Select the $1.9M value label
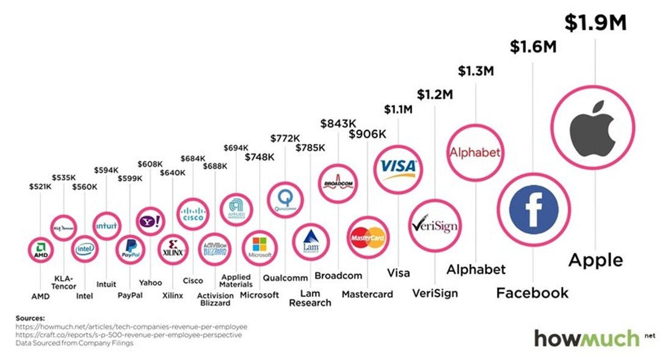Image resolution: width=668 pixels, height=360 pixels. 595,23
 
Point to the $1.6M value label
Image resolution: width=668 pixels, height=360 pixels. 532,46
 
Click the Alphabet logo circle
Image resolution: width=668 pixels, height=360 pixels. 475,152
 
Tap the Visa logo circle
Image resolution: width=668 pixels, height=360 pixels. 398,166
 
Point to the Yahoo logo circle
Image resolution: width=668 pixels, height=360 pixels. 150,220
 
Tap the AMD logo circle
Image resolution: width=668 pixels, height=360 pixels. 40,250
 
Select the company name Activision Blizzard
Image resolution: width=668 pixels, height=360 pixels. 215,299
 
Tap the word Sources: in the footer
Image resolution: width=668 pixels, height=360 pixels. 31,318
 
